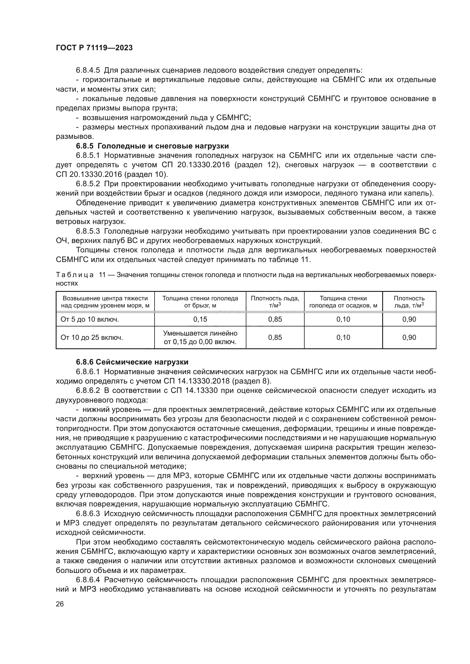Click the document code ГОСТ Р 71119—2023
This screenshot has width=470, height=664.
94,48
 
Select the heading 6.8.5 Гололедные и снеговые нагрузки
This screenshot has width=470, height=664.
153,146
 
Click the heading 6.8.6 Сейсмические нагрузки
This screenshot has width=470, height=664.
132,362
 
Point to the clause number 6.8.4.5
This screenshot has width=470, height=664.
88,70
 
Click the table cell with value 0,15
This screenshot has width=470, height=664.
200,319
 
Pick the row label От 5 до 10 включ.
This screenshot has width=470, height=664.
90,319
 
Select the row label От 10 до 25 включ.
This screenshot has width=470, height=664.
92,338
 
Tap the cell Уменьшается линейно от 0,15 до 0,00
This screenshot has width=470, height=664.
200,338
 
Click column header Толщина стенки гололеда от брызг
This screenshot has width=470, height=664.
200,302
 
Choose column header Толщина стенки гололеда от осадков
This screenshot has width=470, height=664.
343,302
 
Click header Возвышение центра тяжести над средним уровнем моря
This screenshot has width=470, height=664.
105,302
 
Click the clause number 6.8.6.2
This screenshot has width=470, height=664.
88,391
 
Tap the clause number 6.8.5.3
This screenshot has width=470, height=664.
88,231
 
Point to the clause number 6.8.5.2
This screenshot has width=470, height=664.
88,184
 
